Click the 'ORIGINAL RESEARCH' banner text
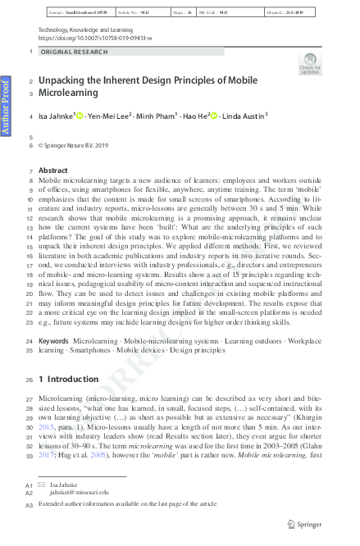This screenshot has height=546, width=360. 74,52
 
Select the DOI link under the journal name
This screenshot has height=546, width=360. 93,38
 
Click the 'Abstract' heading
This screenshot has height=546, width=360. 53,171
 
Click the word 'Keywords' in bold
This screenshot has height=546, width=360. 54,339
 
